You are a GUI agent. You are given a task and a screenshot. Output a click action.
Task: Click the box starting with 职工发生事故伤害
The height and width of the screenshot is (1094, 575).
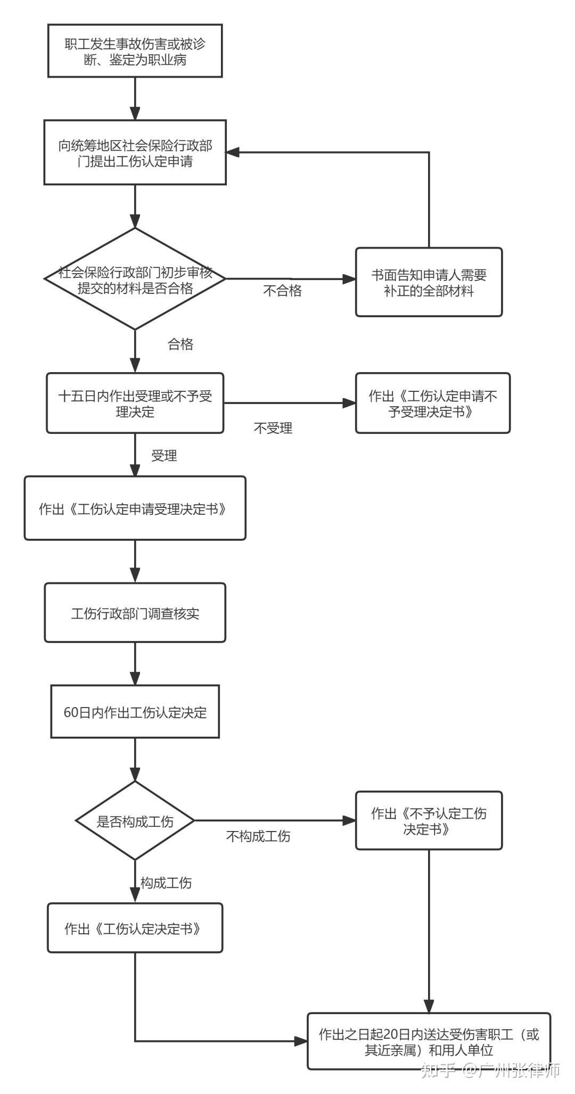pyautogui.click(x=135, y=51)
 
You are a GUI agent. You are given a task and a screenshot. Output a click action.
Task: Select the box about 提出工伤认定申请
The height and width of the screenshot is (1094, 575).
pyautogui.click(x=135, y=153)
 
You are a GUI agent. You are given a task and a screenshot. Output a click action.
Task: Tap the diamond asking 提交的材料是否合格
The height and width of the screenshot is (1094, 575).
pyautogui.click(x=135, y=279)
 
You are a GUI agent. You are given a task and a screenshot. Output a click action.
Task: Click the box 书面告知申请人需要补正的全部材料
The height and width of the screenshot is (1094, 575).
pyautogui.click(x=429, y=282)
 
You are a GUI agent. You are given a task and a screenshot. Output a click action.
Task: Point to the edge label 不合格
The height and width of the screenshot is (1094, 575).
pyautogui.click(x=282, y=291)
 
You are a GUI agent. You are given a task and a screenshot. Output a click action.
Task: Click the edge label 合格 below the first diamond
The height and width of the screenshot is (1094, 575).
pyautogui.click(x=180, y=344)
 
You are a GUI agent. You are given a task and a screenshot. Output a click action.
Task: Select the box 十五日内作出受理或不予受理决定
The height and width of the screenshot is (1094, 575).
pyautogui.click(x=135, y=403)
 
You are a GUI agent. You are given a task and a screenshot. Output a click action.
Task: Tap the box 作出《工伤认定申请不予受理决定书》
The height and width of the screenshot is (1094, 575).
pyautogui.click(x=432, y=403)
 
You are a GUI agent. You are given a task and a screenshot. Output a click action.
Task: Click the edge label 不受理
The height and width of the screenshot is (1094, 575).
pyautogui.click(x=273, y=428)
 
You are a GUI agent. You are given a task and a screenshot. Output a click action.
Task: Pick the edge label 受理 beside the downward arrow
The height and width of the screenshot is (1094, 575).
pyautogui.click(x=164, y=456)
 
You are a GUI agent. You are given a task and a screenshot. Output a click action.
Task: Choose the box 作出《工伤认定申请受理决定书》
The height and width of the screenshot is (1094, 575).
pyautogui.click(x=135, y=508)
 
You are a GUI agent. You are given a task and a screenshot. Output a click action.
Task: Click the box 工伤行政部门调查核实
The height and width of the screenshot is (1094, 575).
pyautogui.click(x=135, y=613)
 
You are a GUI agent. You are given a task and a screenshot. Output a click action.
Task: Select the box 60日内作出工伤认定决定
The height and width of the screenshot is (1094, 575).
pyautogui.click(x=135, y=712)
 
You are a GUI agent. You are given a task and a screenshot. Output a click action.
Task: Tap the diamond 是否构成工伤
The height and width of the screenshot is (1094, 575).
pyautogui.click(x=135, y=820)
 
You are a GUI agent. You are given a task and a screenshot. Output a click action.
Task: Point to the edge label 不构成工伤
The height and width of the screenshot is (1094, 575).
pyautogui.click(x=258, y=836)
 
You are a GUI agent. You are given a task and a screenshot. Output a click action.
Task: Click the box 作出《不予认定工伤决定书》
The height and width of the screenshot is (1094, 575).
pyautogui.click(x=429, y=820)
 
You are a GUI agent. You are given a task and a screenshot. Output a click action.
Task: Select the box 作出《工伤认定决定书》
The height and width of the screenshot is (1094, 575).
pyautogui.click(x=135, y=928)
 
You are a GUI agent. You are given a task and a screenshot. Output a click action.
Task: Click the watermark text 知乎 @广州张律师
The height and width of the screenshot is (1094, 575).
pyautogui.click(x=490, y=1070)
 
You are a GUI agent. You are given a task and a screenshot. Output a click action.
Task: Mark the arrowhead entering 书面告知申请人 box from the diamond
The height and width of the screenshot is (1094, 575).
pyautogui.click(x=349, y=279)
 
